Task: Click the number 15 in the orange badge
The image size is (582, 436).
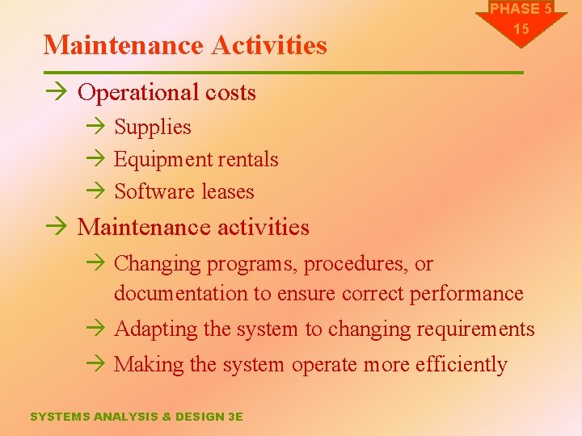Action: click(521, 29)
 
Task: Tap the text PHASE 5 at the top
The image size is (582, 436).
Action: click(521, 9)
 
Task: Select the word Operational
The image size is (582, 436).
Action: click(129, 93)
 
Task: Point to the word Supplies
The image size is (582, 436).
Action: click(153, 128)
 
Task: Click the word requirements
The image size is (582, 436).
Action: click(475, 329)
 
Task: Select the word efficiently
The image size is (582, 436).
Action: click(461, 365)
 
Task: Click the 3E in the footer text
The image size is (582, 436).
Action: click(235, 417)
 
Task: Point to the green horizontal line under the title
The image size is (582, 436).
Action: click(283, 73)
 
